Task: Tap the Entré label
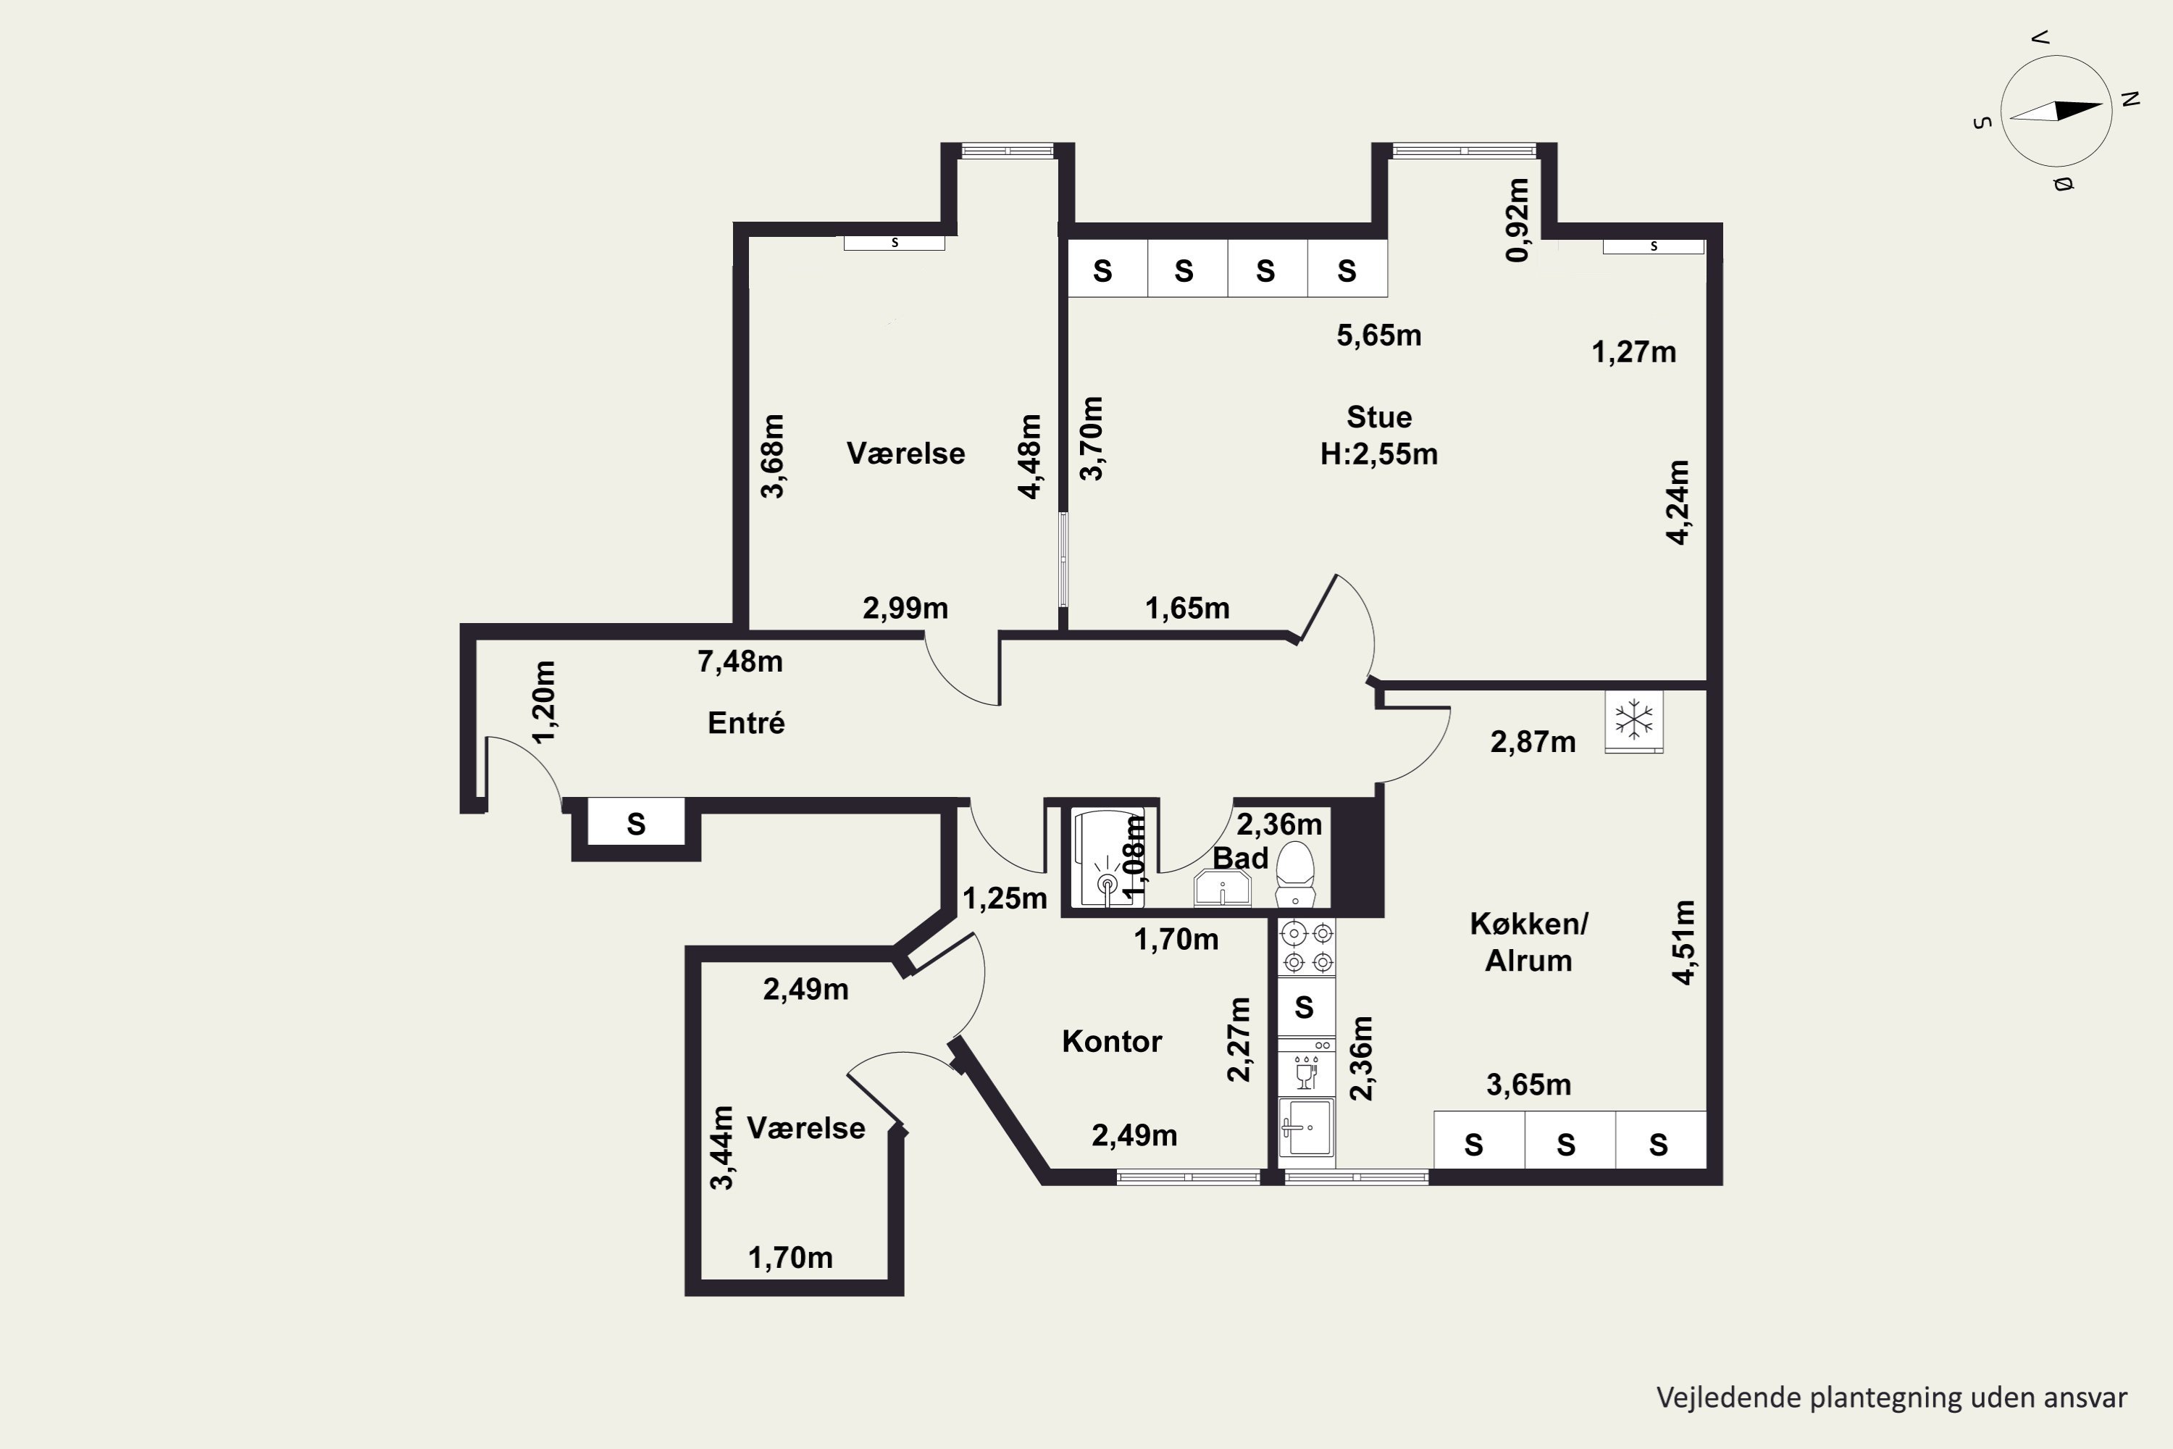[745, 722]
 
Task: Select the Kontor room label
[1111, 1042]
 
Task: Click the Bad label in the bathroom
[1240, 858]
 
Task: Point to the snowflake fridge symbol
[1633, 721]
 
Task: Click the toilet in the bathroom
[1294, 873]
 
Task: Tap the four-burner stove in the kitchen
[1307, 947]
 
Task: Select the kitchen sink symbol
[1307, 1127]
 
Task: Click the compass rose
[2056, 111]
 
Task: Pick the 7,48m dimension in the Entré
[740, 661]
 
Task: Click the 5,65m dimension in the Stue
[1378, 335]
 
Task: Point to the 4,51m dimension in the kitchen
[1684, 942]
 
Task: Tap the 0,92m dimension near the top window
[1517, 220]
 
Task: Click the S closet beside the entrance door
[636, 822]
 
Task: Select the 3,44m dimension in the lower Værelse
[721, 1147]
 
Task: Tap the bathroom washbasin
[1223, 888]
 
